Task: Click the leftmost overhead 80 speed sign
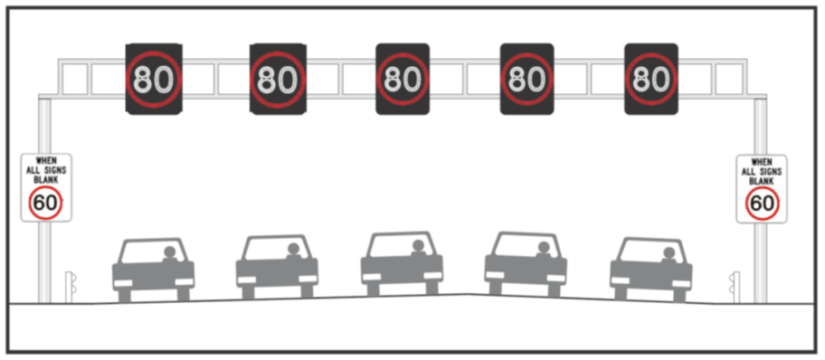(153, 79)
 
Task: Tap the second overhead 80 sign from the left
(278, 79)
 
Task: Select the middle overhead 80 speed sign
(403, 79)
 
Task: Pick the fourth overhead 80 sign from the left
(526, 79)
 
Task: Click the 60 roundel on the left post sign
(45, 204)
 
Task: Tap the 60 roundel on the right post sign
(762, 204)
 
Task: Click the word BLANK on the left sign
(45, 179)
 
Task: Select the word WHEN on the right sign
(762, 161)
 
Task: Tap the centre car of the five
(402, 264)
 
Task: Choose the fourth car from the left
(526, 264)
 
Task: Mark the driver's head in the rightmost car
(669, 253)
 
